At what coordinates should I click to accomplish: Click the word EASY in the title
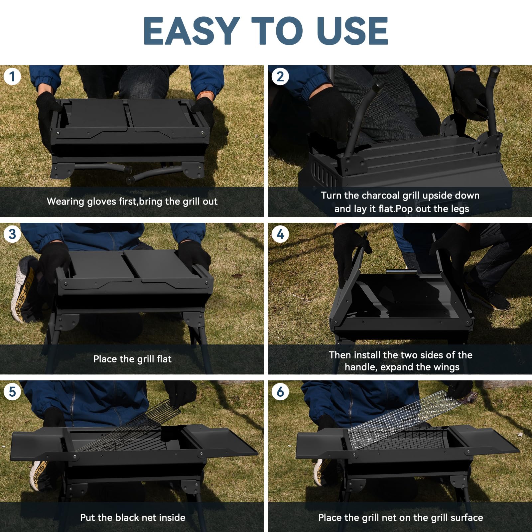pos(191,31)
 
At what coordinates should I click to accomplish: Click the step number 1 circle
pos(12,77)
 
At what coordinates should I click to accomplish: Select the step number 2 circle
pos(280,77)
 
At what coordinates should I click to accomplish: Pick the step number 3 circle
pos(12,234)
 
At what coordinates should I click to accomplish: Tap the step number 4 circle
pos(280,234)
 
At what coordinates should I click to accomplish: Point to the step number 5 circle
pos(12,392)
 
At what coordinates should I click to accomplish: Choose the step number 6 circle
pos(280,392)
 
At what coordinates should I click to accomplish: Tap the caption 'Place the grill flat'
pos(132,359)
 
